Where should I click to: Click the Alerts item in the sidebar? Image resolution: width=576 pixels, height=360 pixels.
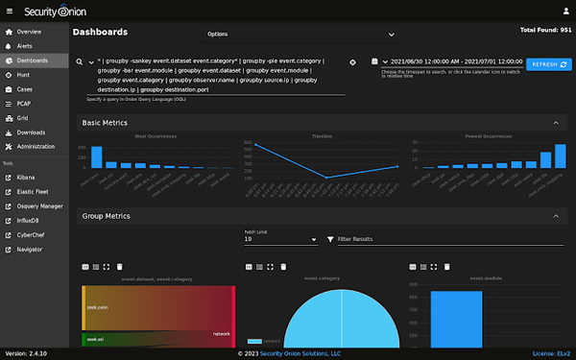click(x=26, y=45)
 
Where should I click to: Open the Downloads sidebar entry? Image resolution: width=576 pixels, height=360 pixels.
click(x=31, y=132)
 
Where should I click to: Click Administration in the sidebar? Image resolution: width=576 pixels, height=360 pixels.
click(x=36, y=146)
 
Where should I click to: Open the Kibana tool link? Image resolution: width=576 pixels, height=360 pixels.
click(x=27, y=178)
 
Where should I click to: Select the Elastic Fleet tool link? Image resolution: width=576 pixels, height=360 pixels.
click(x=35, y=192)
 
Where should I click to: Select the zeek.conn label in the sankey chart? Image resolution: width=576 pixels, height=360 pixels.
click(x=97, y=306)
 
